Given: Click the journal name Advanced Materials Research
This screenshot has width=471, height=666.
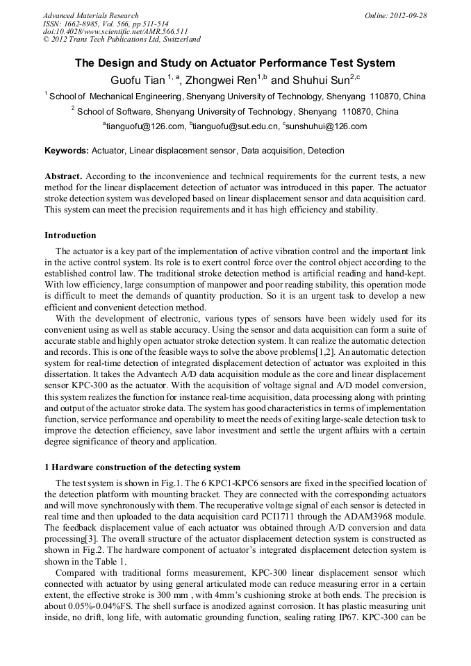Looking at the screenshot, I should click(90, 15).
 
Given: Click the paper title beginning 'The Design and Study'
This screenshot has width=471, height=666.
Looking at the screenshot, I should click(235, 63).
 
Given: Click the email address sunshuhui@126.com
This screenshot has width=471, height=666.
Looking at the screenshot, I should click(327, 126).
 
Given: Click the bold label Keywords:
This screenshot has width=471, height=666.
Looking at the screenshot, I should click(67, 151).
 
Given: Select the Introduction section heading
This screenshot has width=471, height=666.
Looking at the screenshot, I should click(70, 235).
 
